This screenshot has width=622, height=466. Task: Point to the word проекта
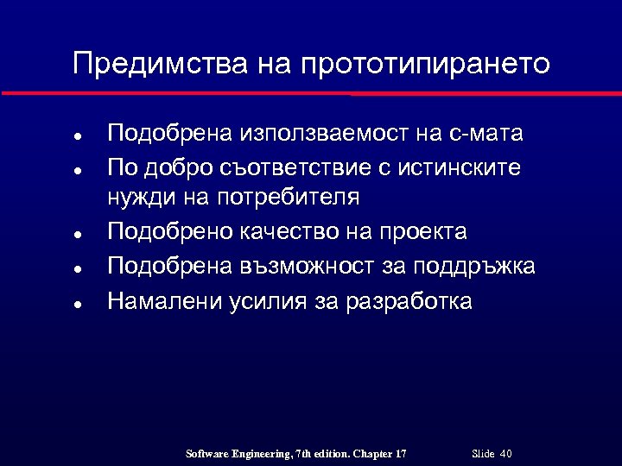pyautogui.click(x=427, y=232)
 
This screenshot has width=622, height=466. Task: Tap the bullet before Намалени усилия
pyautogui.click(x=77, y=305)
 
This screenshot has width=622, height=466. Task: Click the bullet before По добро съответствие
pyautogui.click(x=77, y=170)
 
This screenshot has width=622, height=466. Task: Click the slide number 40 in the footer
pyautogui.click(x=506, y=454)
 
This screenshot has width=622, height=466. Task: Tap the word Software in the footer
pyautogui.click(x=209, y=454)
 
